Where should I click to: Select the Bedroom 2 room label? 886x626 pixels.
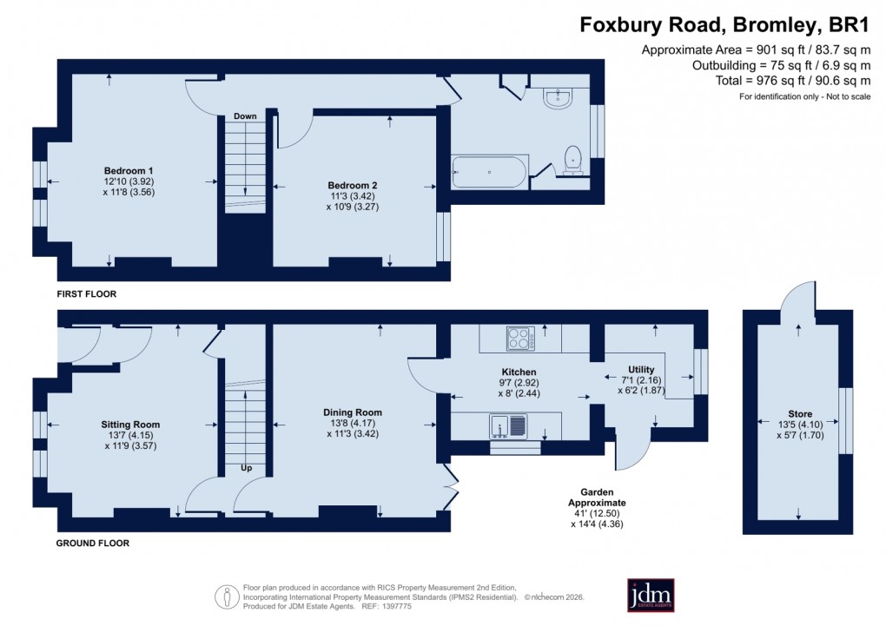pos(352,185)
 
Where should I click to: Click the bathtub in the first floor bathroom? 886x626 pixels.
pos(489,171)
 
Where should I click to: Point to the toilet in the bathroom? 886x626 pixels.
pos(572,159)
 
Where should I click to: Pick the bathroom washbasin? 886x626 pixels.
pos(557,99)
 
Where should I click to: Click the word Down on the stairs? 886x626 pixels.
pos(244,115)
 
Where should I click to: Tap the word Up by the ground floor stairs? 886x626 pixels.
pos(247,468)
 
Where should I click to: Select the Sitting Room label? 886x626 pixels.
pos(130,425)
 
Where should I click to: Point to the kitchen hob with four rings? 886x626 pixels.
pos(519,337)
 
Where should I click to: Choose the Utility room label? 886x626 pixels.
pos(641,370)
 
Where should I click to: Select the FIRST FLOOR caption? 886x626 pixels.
pos(86,294)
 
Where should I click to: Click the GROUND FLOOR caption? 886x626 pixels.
pos(92,544)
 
